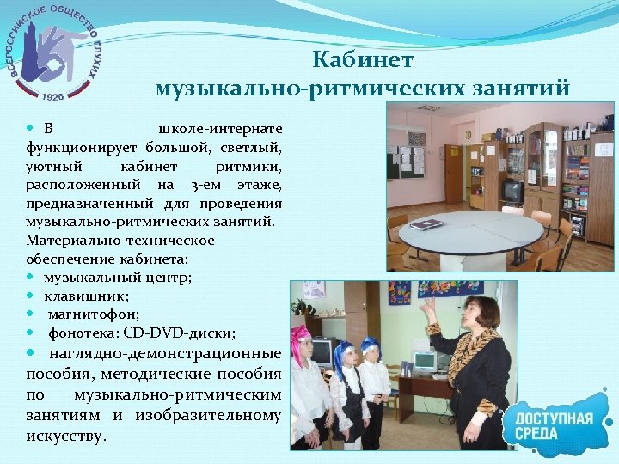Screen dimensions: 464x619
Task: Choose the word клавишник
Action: tap(82, 296)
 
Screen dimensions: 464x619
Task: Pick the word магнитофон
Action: tap(89, 314)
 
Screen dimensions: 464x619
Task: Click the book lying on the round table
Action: tap(427, 224)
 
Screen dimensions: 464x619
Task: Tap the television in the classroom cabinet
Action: tap(512, 191)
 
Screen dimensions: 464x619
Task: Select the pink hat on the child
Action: tap(301, 336)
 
